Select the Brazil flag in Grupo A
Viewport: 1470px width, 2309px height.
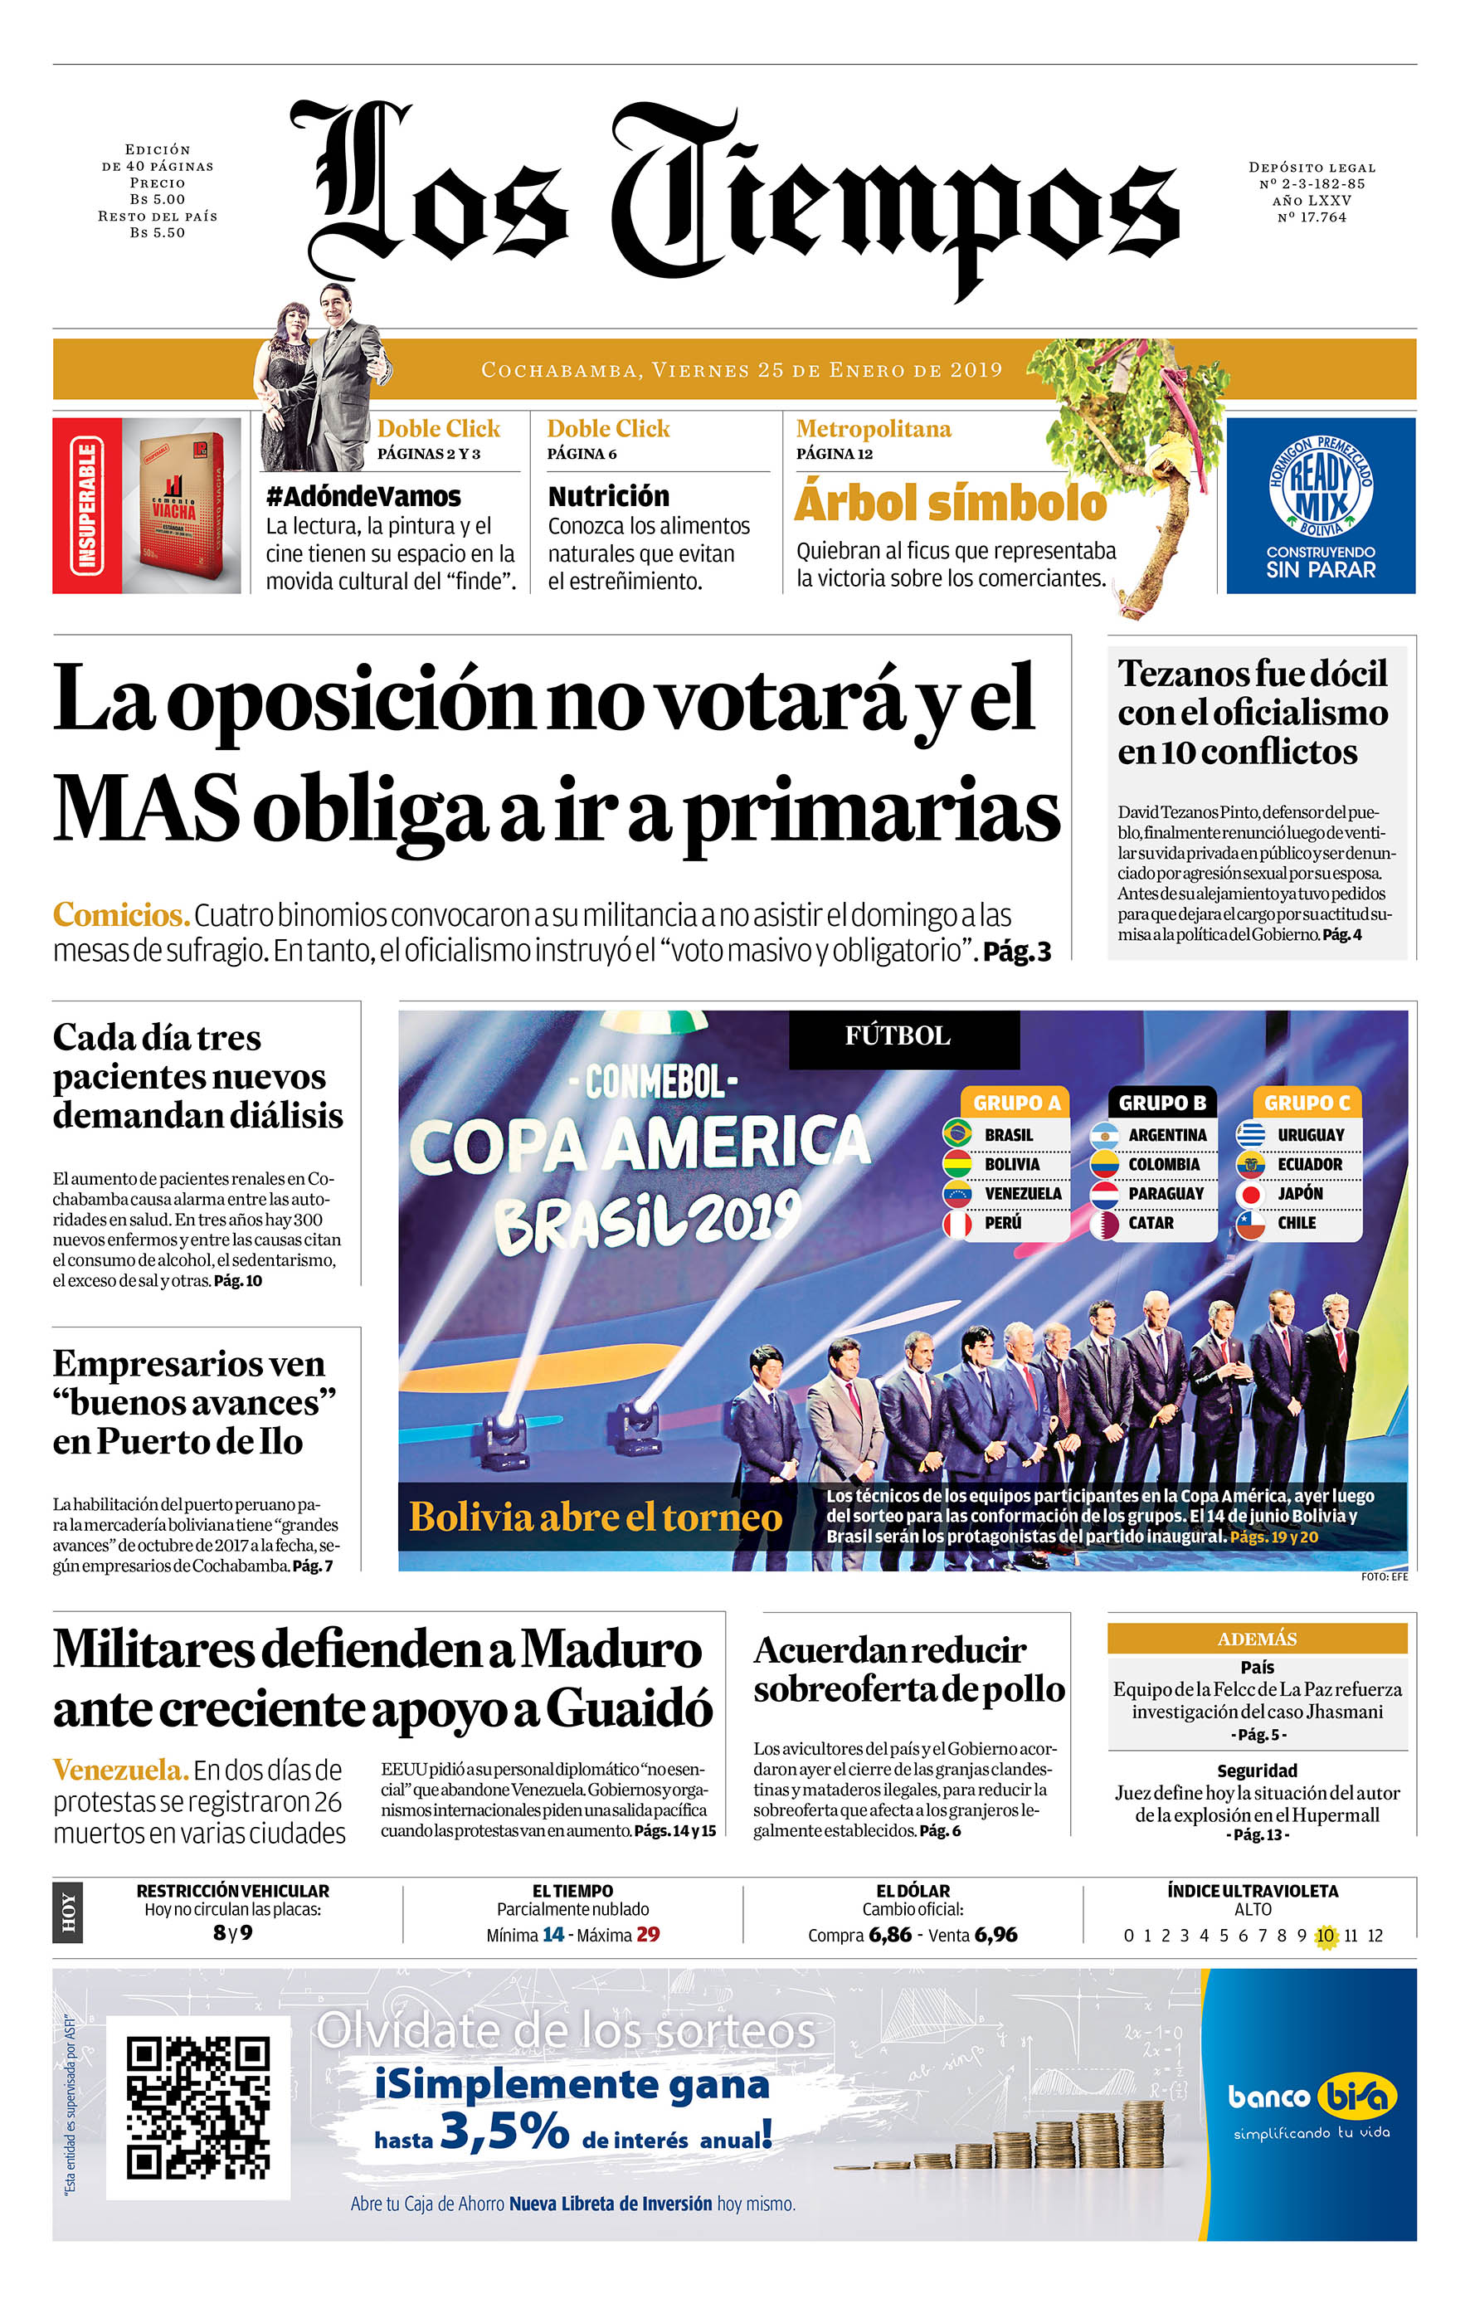pyautogui.click(x=956, y=1134)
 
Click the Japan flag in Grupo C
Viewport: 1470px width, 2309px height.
pyautogui.click(x=1249, y=1194)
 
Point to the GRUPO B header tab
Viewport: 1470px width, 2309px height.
pyautogui.click(x=1161, y=1103)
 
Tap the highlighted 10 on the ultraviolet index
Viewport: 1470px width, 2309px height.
pyautogui.click(x=1325, y=1936)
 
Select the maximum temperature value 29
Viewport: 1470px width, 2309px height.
pyautogui.click(x=648, y=1935)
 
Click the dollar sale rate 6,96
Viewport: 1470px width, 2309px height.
pyautogui.click(x=995, y=1935)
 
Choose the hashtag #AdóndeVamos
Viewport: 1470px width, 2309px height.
pyautogui.click(x=363, y=497)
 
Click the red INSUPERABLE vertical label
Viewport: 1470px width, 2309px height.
pyautogui.click(x=87, y=505)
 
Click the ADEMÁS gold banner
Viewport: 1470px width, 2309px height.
pyautogui.click(x=1256, y=1639)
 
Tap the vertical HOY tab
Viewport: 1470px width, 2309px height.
pyautogui.click(x=68, y=1912)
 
